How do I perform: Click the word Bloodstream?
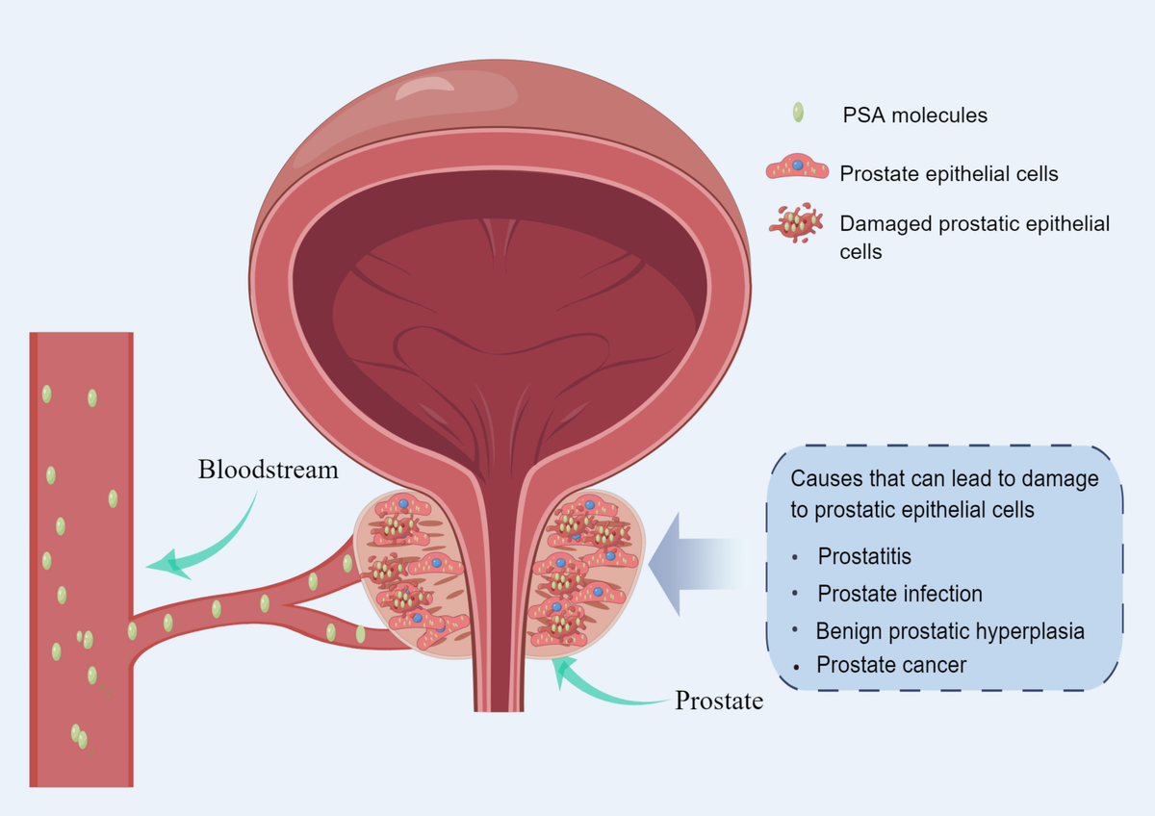(x=268, y=471)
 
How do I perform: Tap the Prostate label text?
(x=719, y=701)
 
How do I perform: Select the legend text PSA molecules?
(x=914, y=115)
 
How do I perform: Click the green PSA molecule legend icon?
(x=797, y=113)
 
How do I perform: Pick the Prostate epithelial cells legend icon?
(x=797, y=169)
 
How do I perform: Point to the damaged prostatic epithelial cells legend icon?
(x=797, y=222)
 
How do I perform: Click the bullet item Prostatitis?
(x=864, y=556)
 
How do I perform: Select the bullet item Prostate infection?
(x=900, y=594)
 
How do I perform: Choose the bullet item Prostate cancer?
(x=891, y=664)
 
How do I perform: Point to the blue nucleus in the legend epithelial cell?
(x=798, y=166)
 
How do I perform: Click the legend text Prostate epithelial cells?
(x=949, y=174)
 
